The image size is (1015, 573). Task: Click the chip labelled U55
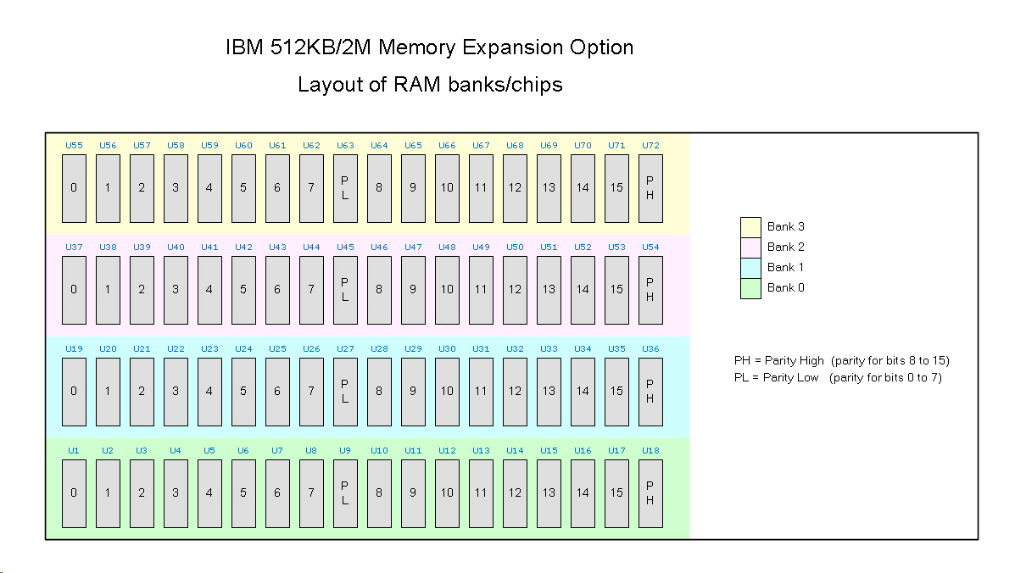[74, 187]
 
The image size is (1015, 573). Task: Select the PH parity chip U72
[650, 187]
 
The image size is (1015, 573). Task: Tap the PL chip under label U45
[345, 289]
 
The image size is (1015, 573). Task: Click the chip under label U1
[74, 492]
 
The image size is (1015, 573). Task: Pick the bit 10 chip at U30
[447, 391]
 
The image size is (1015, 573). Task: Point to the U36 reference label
[650, 348]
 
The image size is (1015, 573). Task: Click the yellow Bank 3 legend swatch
[750, 227]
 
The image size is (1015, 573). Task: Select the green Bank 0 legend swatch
[750, 288]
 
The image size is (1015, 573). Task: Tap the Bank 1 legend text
[785, 267]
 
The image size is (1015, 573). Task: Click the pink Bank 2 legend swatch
[750, 248]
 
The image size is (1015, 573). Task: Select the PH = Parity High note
[841, 360]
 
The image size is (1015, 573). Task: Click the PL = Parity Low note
[838, 377]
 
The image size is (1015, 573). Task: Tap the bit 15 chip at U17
[616, 492]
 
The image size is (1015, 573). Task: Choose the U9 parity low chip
[345, 492]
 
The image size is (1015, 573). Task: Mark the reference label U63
[345, 145]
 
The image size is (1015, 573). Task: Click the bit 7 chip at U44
[311, 289]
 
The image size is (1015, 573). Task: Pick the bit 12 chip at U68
[515, 187]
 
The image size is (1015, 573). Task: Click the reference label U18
[650, 450]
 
